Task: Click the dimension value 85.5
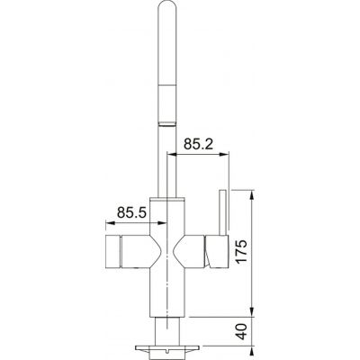[133, 214]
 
